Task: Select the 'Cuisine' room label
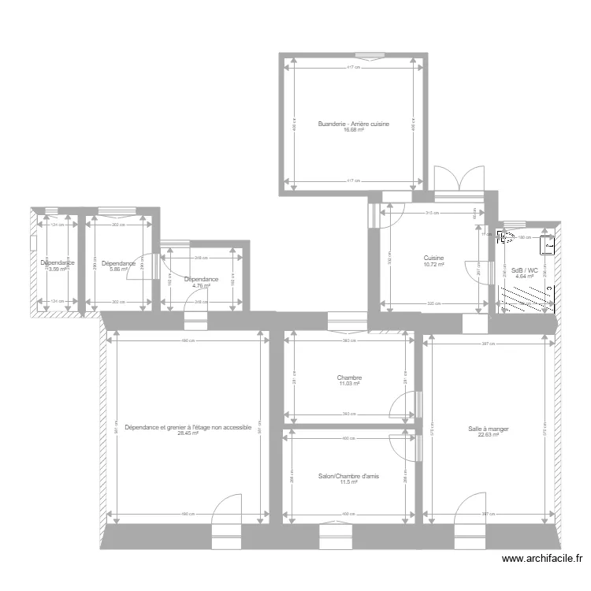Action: [x=433, y=258]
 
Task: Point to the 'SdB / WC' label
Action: [x=524, y=270]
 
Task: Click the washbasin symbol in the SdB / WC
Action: [x=545, y=245]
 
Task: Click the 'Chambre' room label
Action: [x=349, y=377]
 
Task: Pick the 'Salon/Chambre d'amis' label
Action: [x=349, y=476]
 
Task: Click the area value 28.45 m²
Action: [x=188, y=433]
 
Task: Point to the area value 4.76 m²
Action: [x=201, y=285]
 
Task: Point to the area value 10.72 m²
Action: [x=433, y=264]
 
